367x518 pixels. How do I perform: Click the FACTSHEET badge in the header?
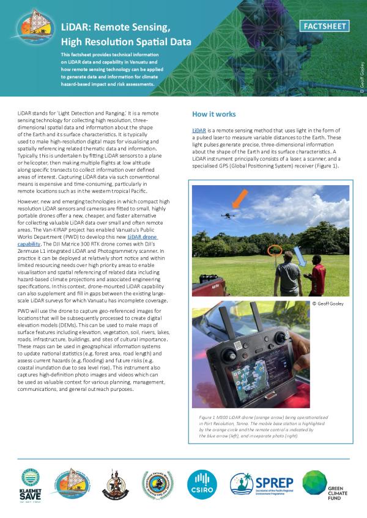[326, 26]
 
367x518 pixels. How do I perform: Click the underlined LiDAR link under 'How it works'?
[199, 131]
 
